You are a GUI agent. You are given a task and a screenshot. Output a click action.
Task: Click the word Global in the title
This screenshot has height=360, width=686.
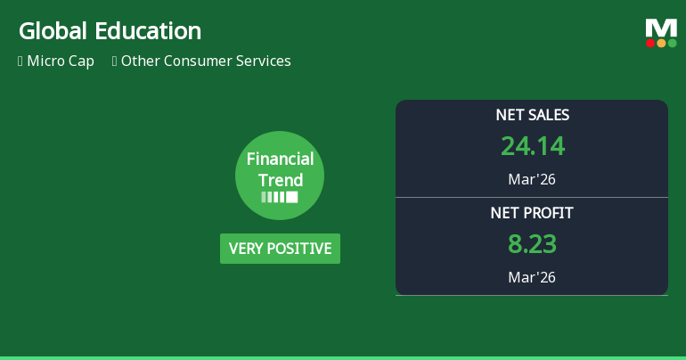click(53, 31)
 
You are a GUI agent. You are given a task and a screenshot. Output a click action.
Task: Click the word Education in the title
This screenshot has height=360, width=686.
click(148, 31)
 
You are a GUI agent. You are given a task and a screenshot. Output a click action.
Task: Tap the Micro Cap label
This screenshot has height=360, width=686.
click(61, 61)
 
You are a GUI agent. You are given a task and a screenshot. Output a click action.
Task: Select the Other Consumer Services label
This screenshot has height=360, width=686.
click(206, 61)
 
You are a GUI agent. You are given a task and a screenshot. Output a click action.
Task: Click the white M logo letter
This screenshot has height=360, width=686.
click(661, 29)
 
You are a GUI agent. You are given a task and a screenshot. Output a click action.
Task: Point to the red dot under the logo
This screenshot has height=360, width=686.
click(650, 43)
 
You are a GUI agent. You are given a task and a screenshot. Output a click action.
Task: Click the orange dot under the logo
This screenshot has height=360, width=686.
click(661, 43)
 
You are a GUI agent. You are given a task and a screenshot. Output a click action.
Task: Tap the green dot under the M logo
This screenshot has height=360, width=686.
click(672, 43)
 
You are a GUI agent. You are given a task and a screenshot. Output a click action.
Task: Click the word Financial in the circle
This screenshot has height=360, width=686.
click(280, 159)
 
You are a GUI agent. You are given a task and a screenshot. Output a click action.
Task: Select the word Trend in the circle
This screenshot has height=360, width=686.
click(280, 180)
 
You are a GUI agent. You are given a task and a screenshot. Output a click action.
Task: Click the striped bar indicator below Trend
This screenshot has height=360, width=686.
click(280, 197)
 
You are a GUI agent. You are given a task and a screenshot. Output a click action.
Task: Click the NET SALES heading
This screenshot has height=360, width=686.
click(532, 115)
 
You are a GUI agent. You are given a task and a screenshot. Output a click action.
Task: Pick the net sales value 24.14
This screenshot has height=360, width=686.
click(533, 146)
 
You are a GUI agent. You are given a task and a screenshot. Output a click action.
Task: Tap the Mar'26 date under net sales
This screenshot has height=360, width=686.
click(532, 179)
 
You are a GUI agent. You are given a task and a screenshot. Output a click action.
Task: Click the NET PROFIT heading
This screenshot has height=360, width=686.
click(532, 213)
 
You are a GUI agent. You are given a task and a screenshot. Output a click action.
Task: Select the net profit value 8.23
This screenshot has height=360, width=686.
click(532, 244)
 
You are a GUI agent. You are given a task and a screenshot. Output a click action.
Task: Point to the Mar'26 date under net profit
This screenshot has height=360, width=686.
click(532, 277)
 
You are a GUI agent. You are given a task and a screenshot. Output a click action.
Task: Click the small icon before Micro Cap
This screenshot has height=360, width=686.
click(20, 61)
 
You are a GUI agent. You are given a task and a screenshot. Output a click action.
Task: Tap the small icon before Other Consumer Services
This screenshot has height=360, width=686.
click(114, 61)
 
